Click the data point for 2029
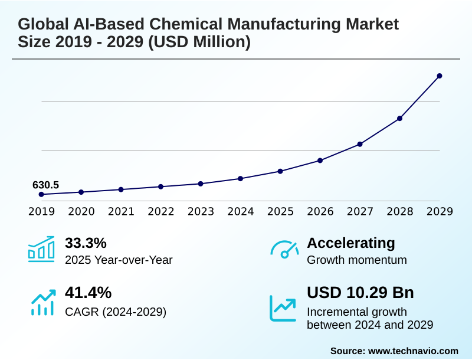pos(440,76)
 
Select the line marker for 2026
pos(320,160)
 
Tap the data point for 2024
pos(240,178)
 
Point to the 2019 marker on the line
pos(41,194)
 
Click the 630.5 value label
pos(45,185)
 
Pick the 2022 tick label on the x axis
pos(161,211)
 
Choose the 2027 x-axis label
pos(360,211)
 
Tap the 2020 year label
pos(81,211)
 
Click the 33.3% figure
pos(86,243)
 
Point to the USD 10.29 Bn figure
pos(360,293)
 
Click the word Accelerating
pos(351,243)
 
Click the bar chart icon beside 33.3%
pos(41,249)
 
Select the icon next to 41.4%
pos(42,302)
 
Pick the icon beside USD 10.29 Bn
pos(283,307)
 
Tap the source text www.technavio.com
pos(413,351)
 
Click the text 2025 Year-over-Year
pos(119,260)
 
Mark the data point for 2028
pos(399,118)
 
